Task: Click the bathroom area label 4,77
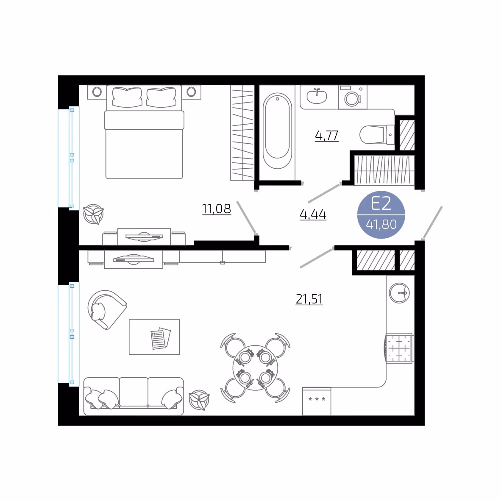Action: (326, 136)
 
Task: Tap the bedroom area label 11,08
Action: (217, 209)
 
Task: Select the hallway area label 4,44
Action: (313, 214)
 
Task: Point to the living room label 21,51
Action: (309, 299)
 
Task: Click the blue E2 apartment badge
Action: (381, 215)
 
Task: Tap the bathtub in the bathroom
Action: (277, 131)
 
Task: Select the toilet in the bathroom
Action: (377, 134)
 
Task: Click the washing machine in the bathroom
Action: (352, 97)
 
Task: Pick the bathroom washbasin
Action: (317, 96)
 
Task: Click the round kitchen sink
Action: (399, 293)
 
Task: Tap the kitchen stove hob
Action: (399, 348)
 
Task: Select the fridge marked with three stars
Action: (317, 401)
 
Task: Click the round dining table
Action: (255, 368)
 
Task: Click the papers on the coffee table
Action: (161, 338)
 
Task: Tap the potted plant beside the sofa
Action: (199, 400)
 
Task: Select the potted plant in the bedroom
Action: (93, 214)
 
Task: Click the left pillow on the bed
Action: (127, 97)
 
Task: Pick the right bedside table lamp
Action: (192, 92)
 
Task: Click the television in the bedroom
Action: (144, 237)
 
